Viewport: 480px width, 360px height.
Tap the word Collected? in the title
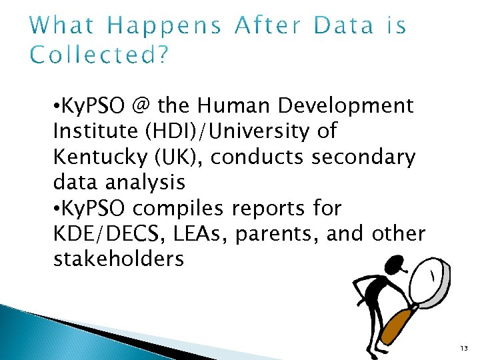[x=99, y=55]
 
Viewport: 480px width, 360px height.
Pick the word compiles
[x=179, y=209]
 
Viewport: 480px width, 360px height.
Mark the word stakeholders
[x=117, y=259]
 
